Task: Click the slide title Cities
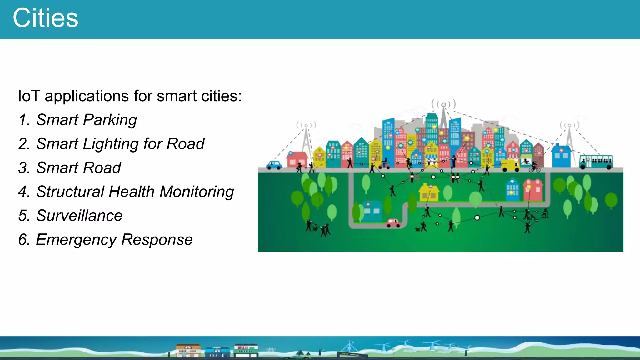pyautogui.click(x=45, y=18)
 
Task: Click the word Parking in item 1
pyautogui.click(x=110, y=120)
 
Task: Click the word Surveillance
pyautogui.click(x=79, y=216)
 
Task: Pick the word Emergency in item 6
pyautogui.click(x=76, y=240)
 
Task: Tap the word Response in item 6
pyautogui.click(x=157, y=240)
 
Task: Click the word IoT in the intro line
pyautogui.click(x=29, y=96)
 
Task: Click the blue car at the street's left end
pyautogui.click(x=274, y=165)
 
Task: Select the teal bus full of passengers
pyautogui.click(x=596, y=162)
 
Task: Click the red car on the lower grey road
pyautogui.click(x=393, y=223)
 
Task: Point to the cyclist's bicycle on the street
pyautogui.click(x=534, y=169)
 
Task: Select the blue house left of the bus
pyautogui.click(x=561, y=156)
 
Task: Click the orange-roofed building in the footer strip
pyautogui.click(x=188, y=350)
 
